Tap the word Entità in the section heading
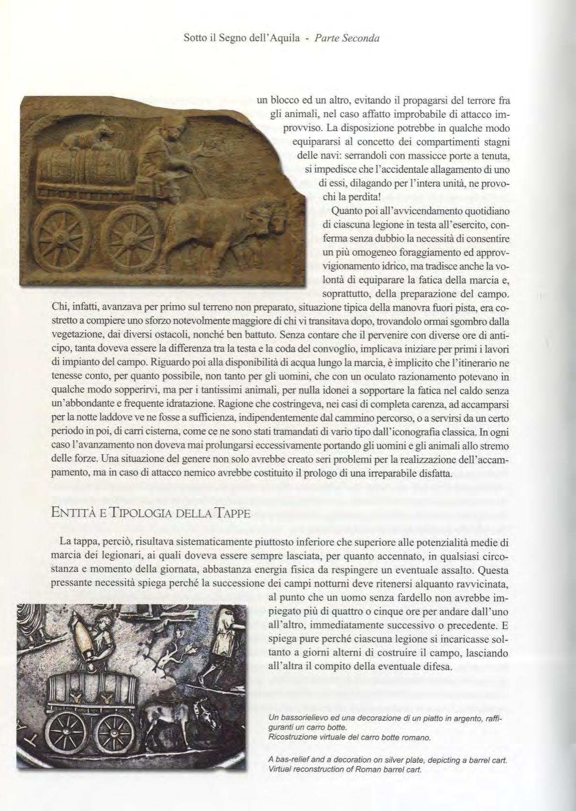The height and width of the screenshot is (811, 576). pos(73,513)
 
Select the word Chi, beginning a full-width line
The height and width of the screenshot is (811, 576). pos(60,308)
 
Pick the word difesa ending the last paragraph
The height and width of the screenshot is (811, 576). pos(435,666)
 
